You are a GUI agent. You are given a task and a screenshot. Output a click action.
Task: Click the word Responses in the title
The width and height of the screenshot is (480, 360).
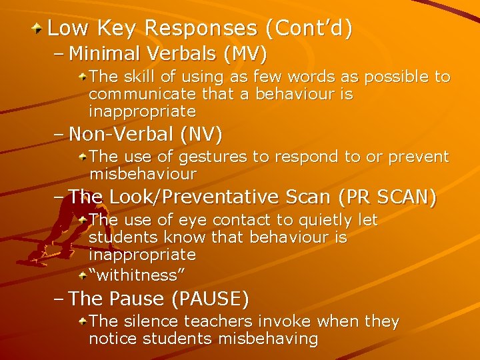click(200, 28)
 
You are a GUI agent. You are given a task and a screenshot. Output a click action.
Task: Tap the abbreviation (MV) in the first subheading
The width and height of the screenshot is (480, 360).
click(245, 53)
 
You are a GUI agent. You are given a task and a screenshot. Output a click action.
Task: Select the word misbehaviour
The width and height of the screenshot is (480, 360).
click(143, 174)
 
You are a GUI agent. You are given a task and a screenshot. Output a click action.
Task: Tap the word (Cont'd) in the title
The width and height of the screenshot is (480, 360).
click(308, 28)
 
